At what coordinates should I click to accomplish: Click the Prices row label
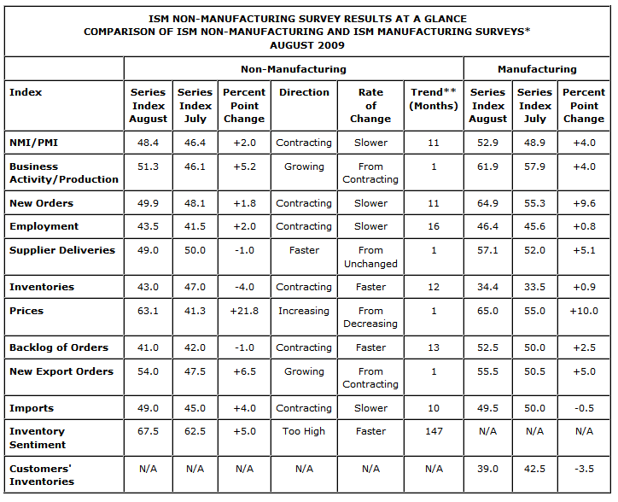[x=26, y=312]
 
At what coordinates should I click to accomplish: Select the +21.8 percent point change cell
[x=243, y=312]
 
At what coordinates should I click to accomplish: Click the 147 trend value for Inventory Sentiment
[x=433, y=432]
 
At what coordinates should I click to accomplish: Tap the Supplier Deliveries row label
[x=61, y=251]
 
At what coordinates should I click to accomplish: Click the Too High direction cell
[x=304, y=432]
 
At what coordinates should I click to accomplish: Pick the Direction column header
[x=304, y=92]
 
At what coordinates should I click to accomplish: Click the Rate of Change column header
[x=370, y=105]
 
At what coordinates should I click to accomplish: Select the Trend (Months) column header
[x=433, y=99]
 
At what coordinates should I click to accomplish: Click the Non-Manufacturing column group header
[x=293, y=69]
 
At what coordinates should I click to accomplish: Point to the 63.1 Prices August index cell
[x=148, y=312]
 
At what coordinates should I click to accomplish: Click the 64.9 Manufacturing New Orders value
[x=487, y=203]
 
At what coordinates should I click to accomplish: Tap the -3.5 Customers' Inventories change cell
[x=583, y=469]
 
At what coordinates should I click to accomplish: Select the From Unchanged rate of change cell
[x=370, y=257]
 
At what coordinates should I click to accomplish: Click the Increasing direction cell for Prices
[x=304, y=312]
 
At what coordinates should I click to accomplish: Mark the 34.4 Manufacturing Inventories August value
[x=487, y=288]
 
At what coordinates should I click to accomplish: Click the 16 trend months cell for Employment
[x=433, y=227]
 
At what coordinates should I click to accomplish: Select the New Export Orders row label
[x=61, y=372]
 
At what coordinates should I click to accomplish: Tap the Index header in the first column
[x=26, y=92]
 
